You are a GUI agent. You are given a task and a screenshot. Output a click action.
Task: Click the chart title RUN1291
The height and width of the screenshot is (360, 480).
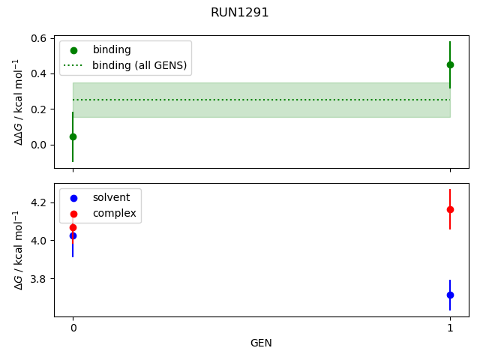click(x=240, y=13)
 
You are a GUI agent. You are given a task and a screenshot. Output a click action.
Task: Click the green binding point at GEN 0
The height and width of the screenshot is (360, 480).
click(x=73, y=136)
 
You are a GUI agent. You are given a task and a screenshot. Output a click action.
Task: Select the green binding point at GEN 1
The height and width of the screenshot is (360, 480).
click(x=450, y=64)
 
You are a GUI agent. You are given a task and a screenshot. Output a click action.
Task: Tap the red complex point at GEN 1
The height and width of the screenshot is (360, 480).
click(x=450, y=209)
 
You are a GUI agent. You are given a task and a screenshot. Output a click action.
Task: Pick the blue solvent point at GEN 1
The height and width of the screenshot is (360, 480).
click(x=450, y=295)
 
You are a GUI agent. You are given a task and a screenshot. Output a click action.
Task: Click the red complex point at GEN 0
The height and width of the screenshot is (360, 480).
click(x=73, y=227)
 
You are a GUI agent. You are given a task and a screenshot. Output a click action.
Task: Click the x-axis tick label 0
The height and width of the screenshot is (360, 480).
click(x=73, y=328)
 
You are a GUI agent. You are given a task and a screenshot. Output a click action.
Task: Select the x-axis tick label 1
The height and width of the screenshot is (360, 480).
click(x=450, y=328)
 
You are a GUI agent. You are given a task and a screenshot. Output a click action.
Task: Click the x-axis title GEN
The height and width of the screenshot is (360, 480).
click(x=261, y=343)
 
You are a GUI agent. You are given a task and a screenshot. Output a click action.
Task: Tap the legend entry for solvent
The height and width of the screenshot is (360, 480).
click(x=111, y=198)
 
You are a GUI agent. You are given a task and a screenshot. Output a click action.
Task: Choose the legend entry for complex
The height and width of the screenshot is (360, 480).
click(x=114, y=214)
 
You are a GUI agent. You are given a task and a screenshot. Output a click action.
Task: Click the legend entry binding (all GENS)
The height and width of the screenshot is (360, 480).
click(x=139, y=65)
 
